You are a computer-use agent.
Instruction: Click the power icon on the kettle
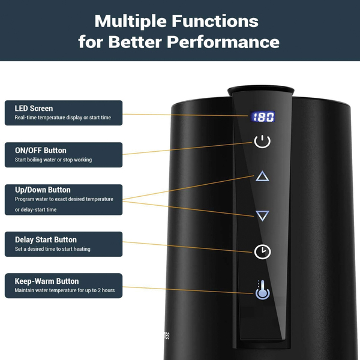coord(262,142)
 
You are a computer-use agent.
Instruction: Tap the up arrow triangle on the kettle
coord(262,176)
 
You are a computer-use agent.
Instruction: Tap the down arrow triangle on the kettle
coord(262,215)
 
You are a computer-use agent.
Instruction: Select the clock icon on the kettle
coord(262,251)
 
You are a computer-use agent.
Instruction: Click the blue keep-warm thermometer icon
coord(262,290)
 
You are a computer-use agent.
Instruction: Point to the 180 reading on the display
coord(263,117)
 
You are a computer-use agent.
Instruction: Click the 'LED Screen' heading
coord(34,109)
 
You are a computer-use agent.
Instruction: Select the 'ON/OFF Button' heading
coord(40,151)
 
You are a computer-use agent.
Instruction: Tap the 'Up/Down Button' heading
coord(43,190)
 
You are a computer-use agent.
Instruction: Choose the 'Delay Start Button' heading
coord(46,239)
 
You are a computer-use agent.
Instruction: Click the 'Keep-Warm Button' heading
coord(47,281)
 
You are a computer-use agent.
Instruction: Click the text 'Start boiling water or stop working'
coord(53,160)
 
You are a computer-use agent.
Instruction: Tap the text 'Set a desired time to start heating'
coord(53,249)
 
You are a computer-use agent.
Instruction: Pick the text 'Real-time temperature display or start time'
coord(62,118)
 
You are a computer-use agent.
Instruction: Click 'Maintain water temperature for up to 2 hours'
coord(65,290)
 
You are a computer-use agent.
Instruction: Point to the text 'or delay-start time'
coord(36,209)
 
